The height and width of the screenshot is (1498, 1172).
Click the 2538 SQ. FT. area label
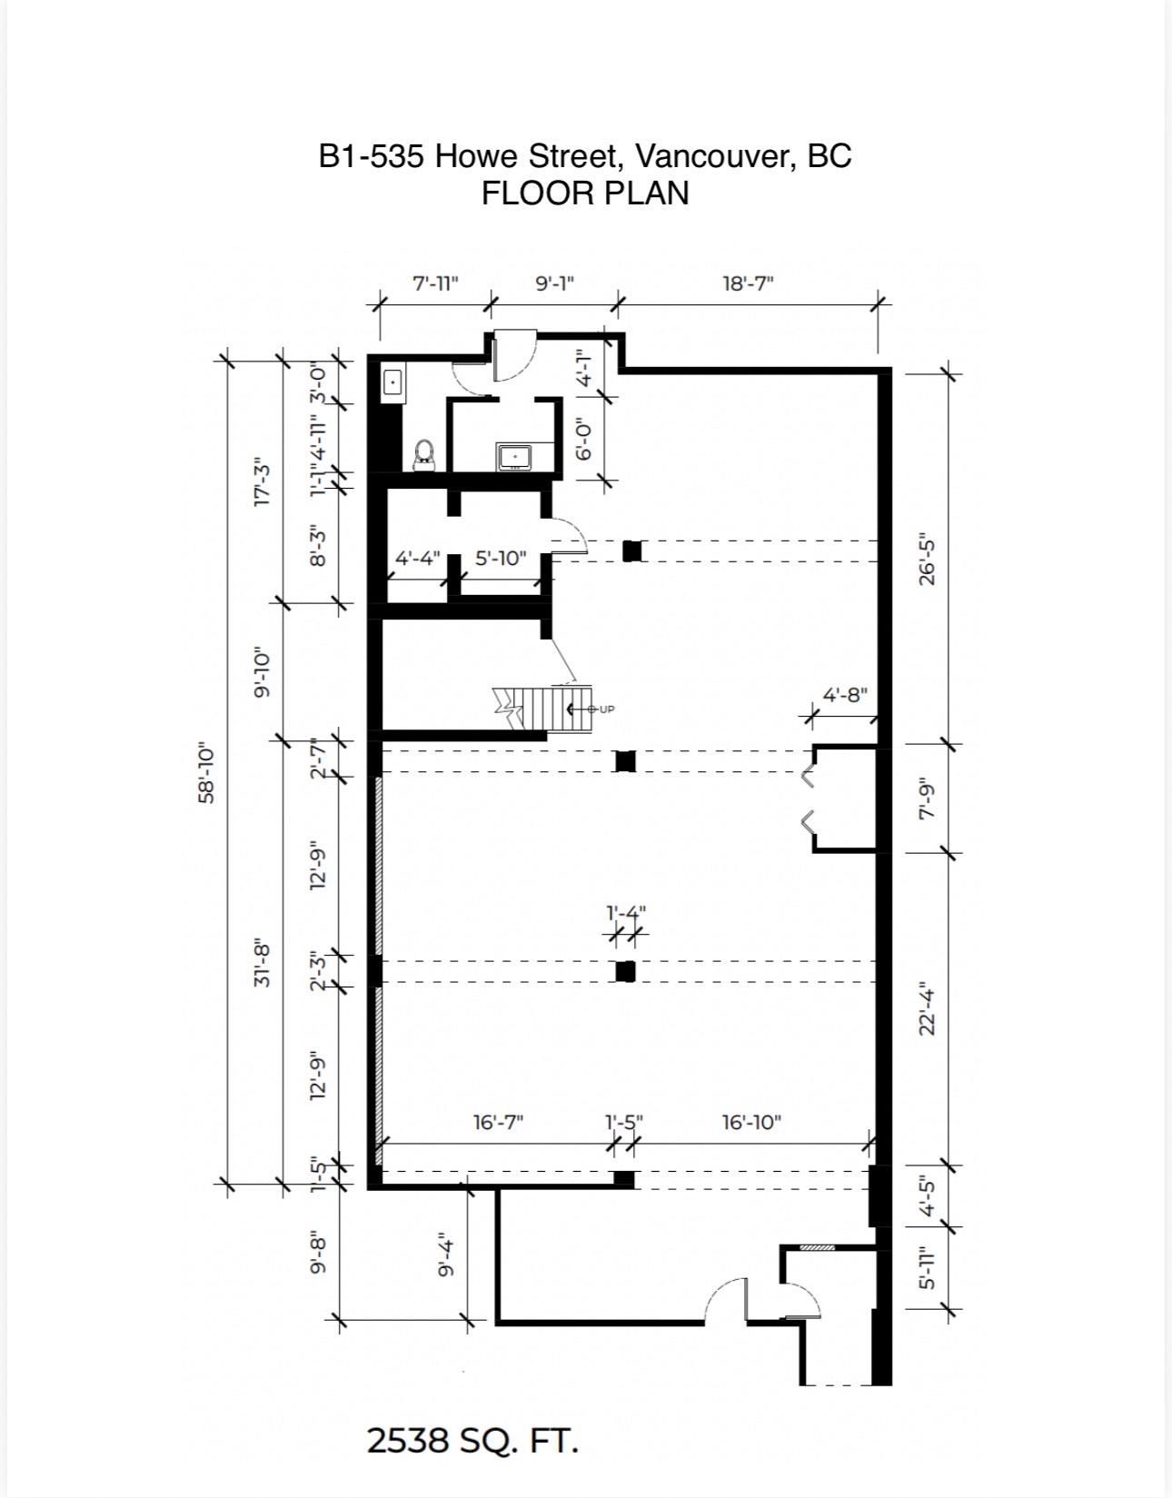(x=472, y=1441)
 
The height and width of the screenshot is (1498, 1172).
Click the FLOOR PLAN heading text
(x=584, y=193)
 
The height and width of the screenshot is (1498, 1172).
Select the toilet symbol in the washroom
(x=424, y=454)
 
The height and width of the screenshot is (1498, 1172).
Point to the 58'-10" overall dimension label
(x=207, y=773)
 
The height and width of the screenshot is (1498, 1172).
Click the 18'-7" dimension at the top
(x=748, y=283)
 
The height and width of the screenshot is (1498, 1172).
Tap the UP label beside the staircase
(x=606, y=709)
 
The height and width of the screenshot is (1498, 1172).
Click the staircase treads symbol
(x=541, y=708)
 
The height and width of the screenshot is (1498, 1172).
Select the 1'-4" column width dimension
(x=626, y=912)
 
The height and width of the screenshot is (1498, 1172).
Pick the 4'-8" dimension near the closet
(x=845, y=695)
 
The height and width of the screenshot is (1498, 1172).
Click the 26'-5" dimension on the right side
(x=927, y=559)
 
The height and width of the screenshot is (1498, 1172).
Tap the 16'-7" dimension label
(x=498, y=1122)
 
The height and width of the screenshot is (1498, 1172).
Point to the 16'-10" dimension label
(x=751, y=1122)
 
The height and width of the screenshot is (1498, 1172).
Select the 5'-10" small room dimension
(x=501, y=558)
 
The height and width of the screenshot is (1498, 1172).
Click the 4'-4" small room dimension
(x=418, y=558)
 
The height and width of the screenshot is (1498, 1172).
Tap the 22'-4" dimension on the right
(x=927, y=1008)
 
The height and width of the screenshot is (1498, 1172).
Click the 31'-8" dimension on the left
(x=262, y=963)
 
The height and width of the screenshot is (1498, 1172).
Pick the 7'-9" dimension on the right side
(x=927, y=799)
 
